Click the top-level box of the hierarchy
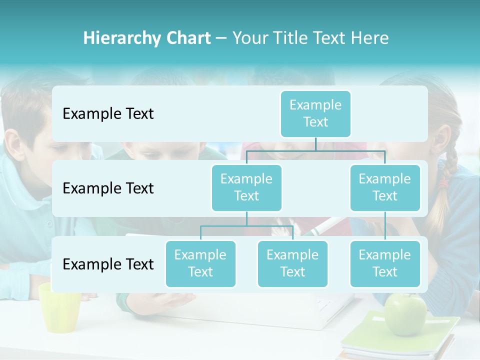[315, 113]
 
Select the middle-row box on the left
[246, 187]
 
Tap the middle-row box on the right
[385, 187]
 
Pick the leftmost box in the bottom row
[200, 263]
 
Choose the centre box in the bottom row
[292, 263]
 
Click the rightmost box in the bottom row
[385, 263]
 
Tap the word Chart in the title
[185, 38]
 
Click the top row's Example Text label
[108, 114]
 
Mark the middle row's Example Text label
[108, 188]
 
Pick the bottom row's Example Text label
[108, 264]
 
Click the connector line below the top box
[315, 144]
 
